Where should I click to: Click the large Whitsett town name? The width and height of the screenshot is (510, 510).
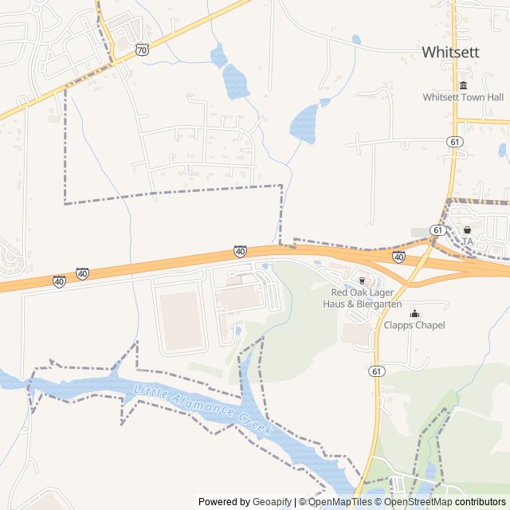452,52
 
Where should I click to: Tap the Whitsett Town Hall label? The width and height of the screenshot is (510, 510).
463,97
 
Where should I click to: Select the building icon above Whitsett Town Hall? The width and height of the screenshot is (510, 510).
463,85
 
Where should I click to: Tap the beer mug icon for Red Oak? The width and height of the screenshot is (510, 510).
361,280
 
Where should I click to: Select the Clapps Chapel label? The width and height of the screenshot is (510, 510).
414,325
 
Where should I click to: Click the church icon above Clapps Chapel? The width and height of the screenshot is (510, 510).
414,313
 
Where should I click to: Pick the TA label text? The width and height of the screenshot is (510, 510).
468,241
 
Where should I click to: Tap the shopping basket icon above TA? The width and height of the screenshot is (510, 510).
467,229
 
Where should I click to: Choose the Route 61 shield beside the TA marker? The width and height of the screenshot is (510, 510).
437,229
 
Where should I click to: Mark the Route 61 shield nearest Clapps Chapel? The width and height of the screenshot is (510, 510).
376,371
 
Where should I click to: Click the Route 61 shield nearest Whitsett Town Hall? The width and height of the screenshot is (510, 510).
455,141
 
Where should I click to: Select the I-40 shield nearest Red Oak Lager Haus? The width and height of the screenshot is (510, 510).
398,257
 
